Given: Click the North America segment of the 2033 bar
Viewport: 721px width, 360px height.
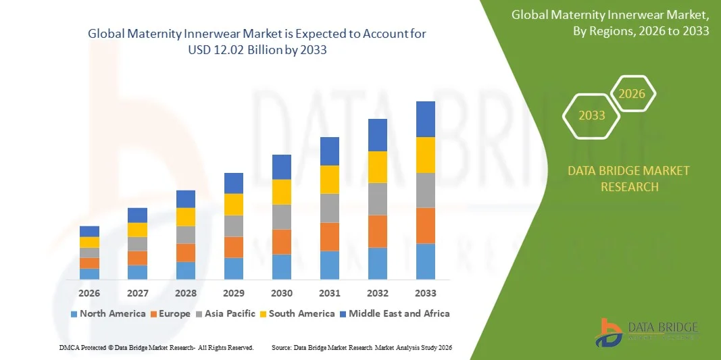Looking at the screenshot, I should pos(425,261).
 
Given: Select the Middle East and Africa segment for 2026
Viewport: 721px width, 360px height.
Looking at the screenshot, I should pos(89,231).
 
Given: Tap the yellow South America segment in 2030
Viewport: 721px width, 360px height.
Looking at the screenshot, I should pos(282,192).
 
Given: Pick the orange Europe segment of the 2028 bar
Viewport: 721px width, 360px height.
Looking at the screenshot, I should pos(186,253).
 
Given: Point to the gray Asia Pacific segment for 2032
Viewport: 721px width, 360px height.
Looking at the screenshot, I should pos(377,199).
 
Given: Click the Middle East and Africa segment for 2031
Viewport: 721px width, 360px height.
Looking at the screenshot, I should pos(330,151).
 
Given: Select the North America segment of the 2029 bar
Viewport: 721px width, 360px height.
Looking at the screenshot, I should pos(234,268).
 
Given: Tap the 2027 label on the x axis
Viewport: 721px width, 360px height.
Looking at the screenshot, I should pos(137,293).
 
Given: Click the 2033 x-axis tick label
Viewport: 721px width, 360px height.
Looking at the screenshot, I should pos(425,293).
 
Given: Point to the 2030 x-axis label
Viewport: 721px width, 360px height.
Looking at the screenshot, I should pos(282,293).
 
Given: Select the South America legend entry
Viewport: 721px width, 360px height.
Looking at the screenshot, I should pos(297,313).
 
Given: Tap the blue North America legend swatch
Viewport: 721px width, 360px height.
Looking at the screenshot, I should pos(74,314).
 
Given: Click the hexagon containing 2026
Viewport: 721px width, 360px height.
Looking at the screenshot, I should pos(632,94).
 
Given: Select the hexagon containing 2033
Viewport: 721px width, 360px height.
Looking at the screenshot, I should pos(592,115).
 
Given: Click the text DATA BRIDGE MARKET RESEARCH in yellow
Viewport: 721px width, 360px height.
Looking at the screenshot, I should pos(629,178).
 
